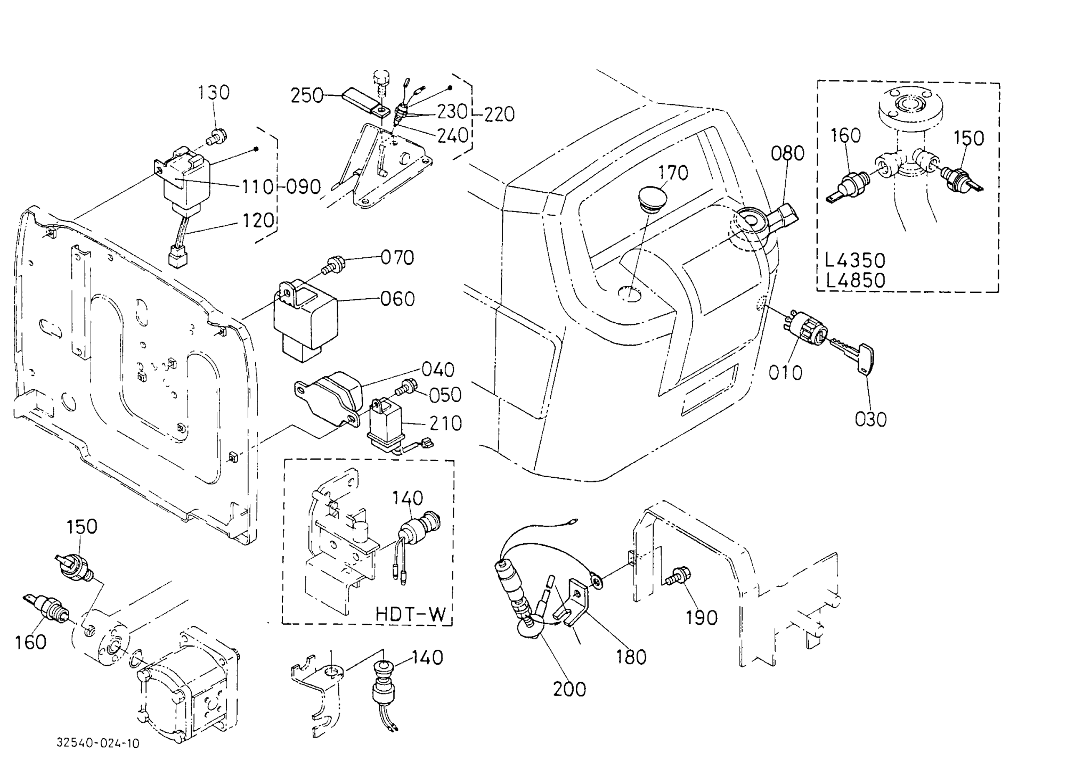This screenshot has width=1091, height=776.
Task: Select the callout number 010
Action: coord(785,372)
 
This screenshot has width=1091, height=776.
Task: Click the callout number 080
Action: coord(787,153)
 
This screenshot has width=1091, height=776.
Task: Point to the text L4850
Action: coord(855,280)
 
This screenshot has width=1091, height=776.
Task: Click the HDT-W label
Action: coord(410,614)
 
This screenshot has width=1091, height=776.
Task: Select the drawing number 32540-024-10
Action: coord(99,743)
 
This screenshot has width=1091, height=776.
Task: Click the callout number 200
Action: coord(569,689)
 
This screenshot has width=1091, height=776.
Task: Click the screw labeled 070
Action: coord(333,264)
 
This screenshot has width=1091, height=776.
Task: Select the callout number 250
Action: coord(307,95)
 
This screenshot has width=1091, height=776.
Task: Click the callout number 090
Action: coord(304,187)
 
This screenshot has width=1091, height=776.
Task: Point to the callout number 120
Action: coord(258,220)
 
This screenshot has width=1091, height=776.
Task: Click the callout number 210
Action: coord(445,423)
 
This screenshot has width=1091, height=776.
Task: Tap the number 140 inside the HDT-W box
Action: coord(408,499)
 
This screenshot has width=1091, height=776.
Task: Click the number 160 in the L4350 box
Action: coord(845,136)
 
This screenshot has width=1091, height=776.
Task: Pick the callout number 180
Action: coord(631,657)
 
